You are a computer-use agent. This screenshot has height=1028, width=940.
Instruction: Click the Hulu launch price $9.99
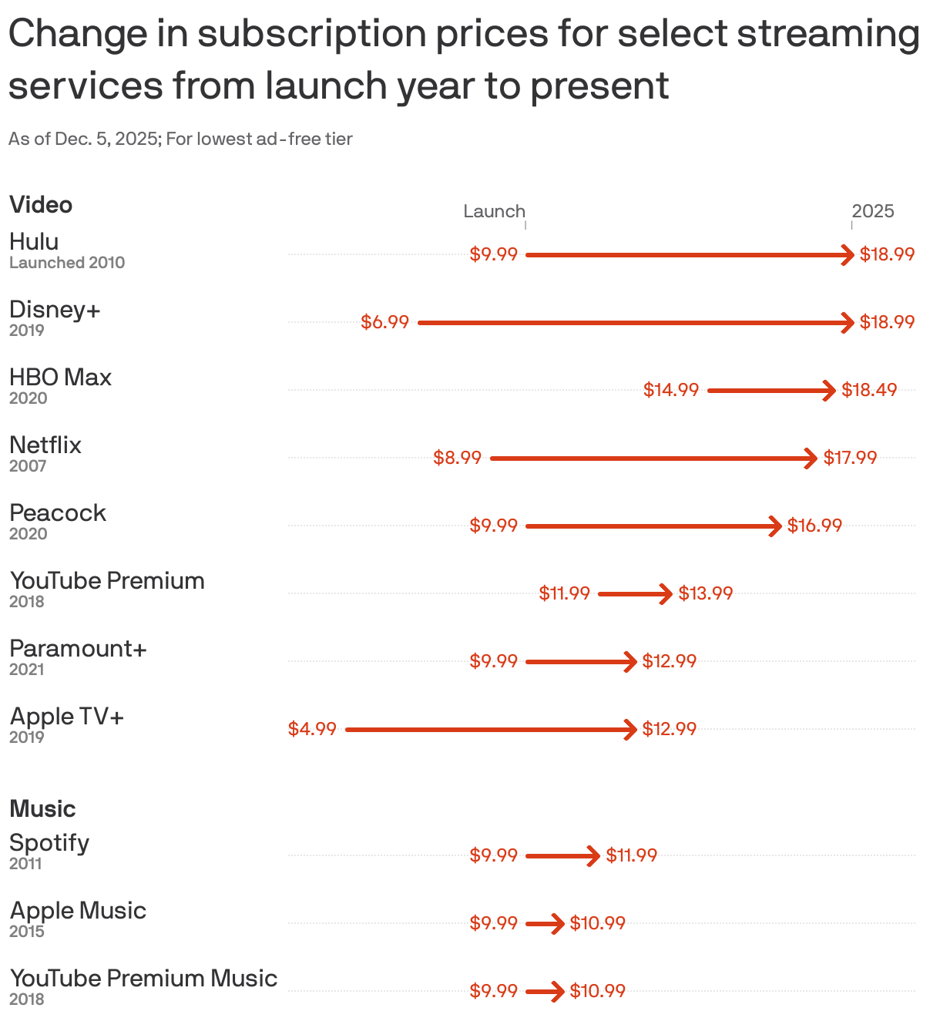click(x=493, y=254)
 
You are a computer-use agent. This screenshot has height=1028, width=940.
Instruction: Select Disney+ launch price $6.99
click(x=384, y=322)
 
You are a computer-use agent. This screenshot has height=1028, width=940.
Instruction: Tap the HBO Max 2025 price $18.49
click(x=869, y=390)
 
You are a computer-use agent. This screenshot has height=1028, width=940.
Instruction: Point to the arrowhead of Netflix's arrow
click(x=811, y=458)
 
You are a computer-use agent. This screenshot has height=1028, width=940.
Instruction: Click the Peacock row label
click(x=58, y=513)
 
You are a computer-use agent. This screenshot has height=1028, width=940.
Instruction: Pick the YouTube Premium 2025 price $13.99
click(x=705, y=593)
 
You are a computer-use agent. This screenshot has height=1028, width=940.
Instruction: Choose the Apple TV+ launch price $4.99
click(x=312, y=729)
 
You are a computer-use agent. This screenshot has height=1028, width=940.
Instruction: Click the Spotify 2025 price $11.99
click(x=631, y=855)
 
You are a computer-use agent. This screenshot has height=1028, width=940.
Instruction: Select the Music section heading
click(x=42, y=809)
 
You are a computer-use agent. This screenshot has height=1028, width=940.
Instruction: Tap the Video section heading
click(x=41, y=205)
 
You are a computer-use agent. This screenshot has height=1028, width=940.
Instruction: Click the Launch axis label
click(x=494, y=211)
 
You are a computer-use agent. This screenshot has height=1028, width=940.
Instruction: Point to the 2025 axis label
click(x=873, y=211)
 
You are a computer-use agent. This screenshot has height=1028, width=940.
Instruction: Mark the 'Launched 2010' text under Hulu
click(x=67, y=263)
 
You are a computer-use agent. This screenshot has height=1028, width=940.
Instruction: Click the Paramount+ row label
click(x=78, y=649)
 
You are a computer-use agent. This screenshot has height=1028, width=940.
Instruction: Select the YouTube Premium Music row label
click(x=143, y=979)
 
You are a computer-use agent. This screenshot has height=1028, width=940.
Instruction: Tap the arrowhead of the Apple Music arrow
click(x=558, y=923)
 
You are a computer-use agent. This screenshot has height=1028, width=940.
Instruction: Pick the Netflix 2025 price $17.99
click(x=850, y=458)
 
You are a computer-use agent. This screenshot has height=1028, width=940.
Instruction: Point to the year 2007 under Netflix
click(x=28, y=466)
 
